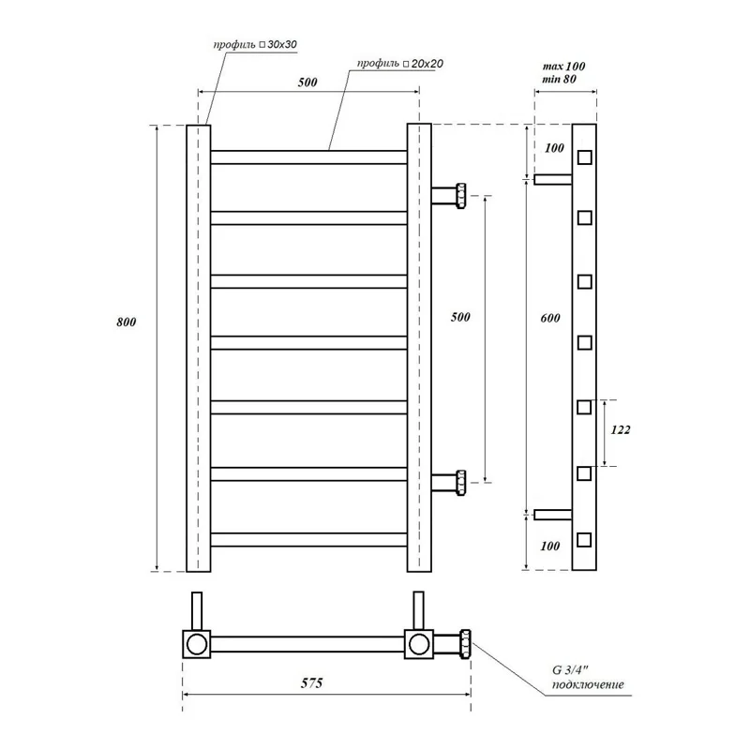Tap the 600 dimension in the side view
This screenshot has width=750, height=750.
pos(550,319)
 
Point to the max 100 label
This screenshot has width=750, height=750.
pos(564,67)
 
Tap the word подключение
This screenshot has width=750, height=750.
pos(587,685)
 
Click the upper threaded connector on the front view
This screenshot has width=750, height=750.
pos(460,196)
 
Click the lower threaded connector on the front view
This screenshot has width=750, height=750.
pos(460,484)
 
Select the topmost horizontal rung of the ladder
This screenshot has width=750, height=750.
pos(308,157)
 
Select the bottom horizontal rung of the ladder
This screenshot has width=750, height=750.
pos(308,539)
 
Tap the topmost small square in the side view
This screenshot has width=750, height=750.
pos(584,157)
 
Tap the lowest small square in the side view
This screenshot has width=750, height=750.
pos(584,539)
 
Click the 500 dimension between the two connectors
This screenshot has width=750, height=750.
pos(459,317)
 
